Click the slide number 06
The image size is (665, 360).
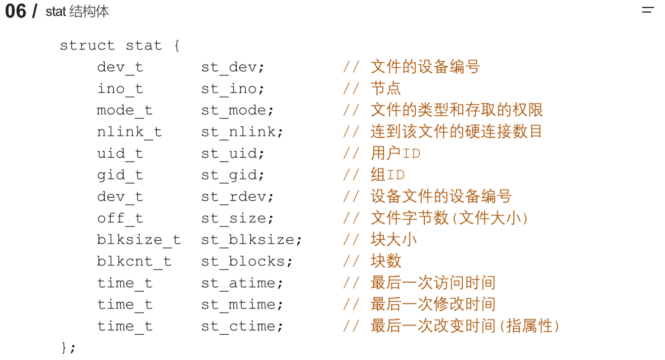(x=15, y=11)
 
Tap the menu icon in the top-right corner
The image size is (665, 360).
(x=647, y=10)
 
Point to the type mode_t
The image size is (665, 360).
(x=124, y=110)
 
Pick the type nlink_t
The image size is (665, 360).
(x=129, y=132)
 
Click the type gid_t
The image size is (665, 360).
(x=120, y=175)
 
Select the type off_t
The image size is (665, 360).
(x=120, y=218)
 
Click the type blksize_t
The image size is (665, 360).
(x=139, y=240)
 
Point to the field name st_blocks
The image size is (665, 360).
(x=246, y=261)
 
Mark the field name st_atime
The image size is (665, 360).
(x=242, y=283)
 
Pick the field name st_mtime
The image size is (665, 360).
(x=242, y=304)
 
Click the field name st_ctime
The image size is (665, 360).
(x=242, y=326)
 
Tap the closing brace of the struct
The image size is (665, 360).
(x=65, y=347)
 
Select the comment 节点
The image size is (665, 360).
(x=385, y=88)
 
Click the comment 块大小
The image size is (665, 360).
(x=393, y=239)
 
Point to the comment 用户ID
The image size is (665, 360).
(x=395, y=153)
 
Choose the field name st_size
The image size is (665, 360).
(x=237, y=218)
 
